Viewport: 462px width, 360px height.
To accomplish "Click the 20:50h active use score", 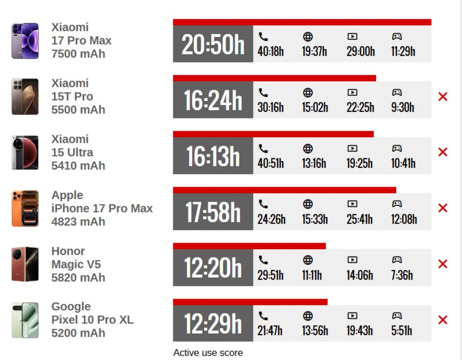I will tap(213, 44).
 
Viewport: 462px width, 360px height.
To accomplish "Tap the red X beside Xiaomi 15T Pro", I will tap(443, 97).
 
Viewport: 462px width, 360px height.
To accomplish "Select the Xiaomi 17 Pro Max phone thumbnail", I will tap(25, 41).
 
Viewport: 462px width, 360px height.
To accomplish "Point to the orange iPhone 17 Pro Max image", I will tap(25, 208).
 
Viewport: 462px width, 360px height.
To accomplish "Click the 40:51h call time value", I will tap(270, 163).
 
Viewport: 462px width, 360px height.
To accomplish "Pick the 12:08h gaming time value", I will tap(404, 219).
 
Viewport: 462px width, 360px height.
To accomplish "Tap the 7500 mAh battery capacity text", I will tap(78, 54).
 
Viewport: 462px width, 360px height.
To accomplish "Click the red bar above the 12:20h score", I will tap(249, 246).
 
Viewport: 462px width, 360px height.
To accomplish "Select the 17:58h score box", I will tap(213, 212).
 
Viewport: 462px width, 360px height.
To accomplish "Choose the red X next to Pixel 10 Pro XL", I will tap(443, 320).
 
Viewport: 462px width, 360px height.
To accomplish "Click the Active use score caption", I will tap(208, 353).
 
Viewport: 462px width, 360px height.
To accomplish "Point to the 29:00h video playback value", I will tap(361, 51).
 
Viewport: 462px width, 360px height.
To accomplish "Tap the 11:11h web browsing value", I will tap(312, 275).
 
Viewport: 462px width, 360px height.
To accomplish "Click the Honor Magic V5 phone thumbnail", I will tap(25, 264).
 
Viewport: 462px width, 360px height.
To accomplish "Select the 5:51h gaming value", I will tap(401, 330).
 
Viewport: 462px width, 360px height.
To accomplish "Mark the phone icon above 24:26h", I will tap(264, 204).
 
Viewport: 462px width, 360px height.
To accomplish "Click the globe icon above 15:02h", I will tap(308, 92).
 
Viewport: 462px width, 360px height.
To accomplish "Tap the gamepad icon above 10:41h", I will tap(397, 149).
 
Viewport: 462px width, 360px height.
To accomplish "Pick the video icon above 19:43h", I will tap(352, 316).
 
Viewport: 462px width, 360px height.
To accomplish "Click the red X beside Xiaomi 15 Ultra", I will tap(443, 152).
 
